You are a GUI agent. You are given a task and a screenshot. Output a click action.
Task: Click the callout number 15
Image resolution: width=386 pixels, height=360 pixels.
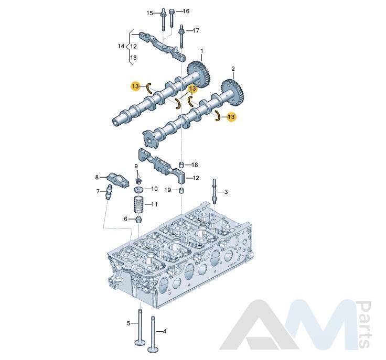[149, 13]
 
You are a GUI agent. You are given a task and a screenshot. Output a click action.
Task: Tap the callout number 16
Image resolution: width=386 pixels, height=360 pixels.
[186, 11]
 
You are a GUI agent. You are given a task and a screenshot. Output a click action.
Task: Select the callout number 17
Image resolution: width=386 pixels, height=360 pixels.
[196, 31]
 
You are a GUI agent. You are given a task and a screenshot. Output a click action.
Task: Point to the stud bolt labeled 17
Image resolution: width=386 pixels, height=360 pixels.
[181, 36]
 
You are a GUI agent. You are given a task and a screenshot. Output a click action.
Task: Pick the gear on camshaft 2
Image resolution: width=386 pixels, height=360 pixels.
[233, 92]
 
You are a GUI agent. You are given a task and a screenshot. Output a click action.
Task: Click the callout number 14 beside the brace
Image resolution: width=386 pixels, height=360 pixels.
[121, 46]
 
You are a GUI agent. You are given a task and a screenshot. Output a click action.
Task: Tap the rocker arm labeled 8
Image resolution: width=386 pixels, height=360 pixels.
[119, 179]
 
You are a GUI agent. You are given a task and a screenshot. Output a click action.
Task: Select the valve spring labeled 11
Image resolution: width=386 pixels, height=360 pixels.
[139, 204]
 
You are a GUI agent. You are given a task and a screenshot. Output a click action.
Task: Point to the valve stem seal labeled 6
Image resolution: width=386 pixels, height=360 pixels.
[140, 220]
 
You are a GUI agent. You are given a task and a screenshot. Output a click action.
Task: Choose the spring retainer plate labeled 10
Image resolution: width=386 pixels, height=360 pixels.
[138, 190]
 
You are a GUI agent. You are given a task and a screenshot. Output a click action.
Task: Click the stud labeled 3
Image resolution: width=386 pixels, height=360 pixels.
[213, 192]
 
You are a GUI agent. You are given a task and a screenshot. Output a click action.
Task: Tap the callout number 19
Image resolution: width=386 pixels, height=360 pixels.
[168, 190]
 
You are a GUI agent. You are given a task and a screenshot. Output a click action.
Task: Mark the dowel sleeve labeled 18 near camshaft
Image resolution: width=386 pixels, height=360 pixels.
[181, 164]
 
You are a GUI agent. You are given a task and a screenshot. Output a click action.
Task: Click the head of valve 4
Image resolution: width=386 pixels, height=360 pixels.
[153, 349]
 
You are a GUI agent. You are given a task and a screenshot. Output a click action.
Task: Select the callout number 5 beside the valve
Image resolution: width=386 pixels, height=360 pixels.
[128, 323]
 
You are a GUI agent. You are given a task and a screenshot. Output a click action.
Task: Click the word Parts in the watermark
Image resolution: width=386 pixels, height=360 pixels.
[364, 324]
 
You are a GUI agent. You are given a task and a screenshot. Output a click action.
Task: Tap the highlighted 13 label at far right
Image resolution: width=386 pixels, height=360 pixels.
[231, 117]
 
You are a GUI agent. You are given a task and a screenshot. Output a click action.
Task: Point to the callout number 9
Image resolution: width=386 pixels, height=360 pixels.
[136, 167]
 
